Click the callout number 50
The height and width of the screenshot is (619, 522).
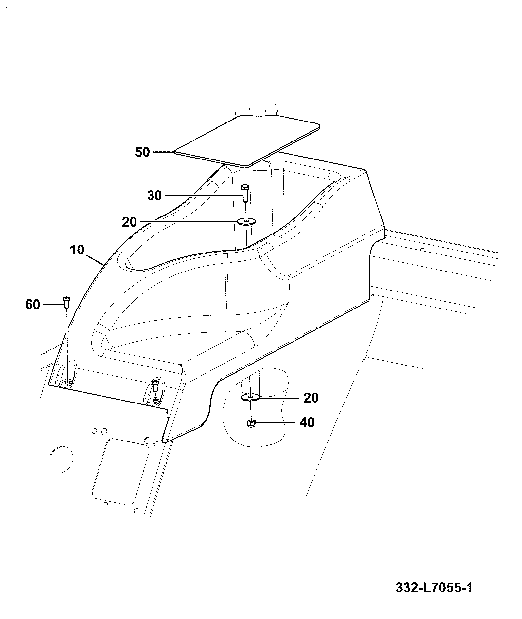[143, 152]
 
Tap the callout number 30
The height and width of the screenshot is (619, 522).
[154, 196]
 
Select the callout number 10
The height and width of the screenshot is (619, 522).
[77, 250]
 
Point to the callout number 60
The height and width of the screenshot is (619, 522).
[33, 305]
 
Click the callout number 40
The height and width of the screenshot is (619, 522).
[307, 422]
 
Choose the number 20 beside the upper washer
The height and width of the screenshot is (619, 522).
[129, 222]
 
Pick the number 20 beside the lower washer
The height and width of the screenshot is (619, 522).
[311, 398]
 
